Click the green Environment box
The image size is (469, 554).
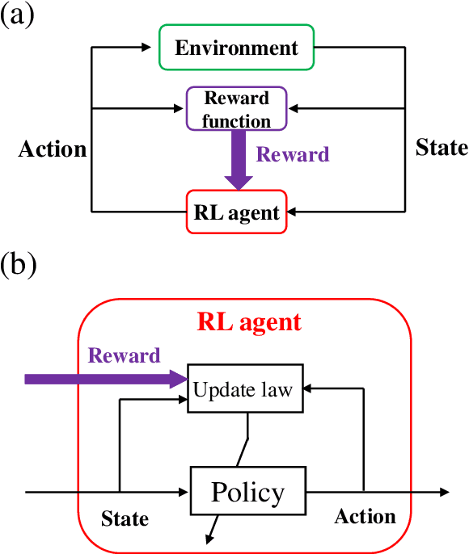click(x=236, y=48)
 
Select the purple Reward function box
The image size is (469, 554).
click(x=236, y=109)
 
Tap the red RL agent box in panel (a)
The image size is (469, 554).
click(x=236, y=212)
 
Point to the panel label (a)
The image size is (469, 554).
click(x=18, y=15)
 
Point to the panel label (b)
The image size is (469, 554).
click(x=19, y=264)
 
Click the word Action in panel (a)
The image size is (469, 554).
click(x=53, y=149)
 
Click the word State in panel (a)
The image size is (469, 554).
click(x=442, y=148)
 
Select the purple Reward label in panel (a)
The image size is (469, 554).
click(x=293, y=154)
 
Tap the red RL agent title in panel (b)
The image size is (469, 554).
click(x=249, y=322)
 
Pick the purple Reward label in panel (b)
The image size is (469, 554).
click(x=124, y=355)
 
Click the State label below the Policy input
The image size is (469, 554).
click(x=125, y=518)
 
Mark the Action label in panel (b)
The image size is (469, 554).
click(x=365, y=517)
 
